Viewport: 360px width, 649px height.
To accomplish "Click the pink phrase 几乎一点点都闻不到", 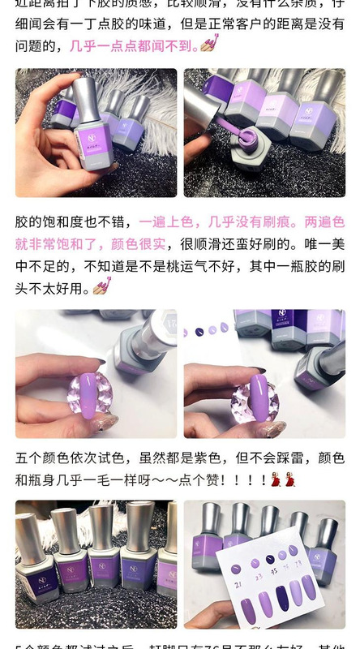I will point(133,47).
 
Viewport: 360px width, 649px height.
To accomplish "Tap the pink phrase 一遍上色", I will point(166,221).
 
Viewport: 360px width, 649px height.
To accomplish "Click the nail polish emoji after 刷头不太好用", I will point(101,286).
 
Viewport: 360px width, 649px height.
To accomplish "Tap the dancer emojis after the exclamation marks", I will point(283,479).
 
